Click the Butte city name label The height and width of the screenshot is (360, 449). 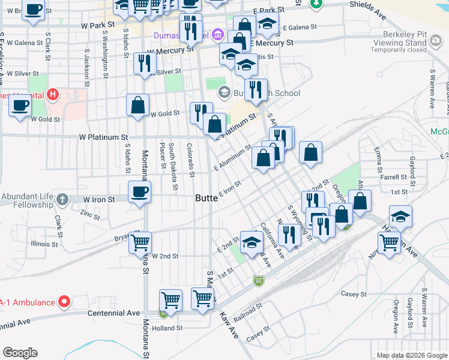pos(210,199)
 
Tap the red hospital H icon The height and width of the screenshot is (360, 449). pos(53,94)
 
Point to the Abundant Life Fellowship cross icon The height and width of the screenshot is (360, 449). pos(62,199)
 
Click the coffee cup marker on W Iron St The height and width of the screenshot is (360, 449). pos(139,192)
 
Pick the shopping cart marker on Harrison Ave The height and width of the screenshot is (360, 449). pos(389,243)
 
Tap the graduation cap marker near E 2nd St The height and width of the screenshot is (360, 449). pos(252,242)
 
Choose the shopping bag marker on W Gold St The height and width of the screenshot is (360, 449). pos(138,105)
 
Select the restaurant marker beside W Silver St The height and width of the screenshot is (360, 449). pos(144,65)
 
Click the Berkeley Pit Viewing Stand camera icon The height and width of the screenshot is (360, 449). pos(436,41)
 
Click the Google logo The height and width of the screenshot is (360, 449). pos(20,352)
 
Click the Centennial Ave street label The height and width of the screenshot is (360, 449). pos(113,313)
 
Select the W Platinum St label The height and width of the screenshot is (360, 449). pos(104,137)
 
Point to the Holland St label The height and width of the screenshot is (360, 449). pos(167,328)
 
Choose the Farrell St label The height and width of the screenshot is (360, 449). pos(394,178)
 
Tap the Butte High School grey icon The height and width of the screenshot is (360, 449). pos(224,92)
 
